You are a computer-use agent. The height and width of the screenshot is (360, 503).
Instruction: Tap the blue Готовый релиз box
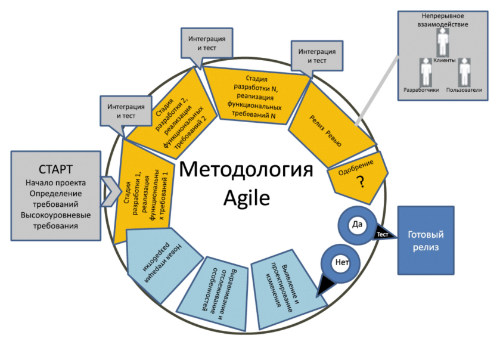426,240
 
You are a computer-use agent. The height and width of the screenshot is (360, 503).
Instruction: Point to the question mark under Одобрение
360,184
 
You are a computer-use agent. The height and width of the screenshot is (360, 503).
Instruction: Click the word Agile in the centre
246,196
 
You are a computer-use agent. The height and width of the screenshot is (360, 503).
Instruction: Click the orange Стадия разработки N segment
255,96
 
